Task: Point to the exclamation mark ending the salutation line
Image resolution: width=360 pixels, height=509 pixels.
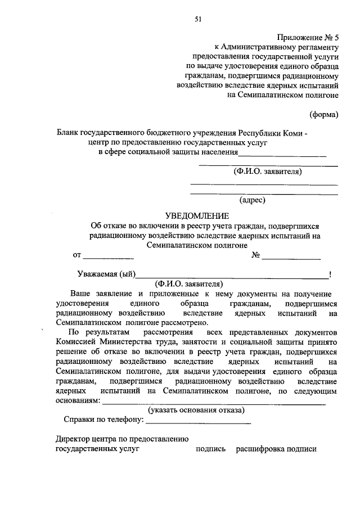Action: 330,274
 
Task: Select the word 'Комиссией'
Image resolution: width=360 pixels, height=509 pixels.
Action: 76,342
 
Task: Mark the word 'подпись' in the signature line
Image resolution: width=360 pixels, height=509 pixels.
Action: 210,449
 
